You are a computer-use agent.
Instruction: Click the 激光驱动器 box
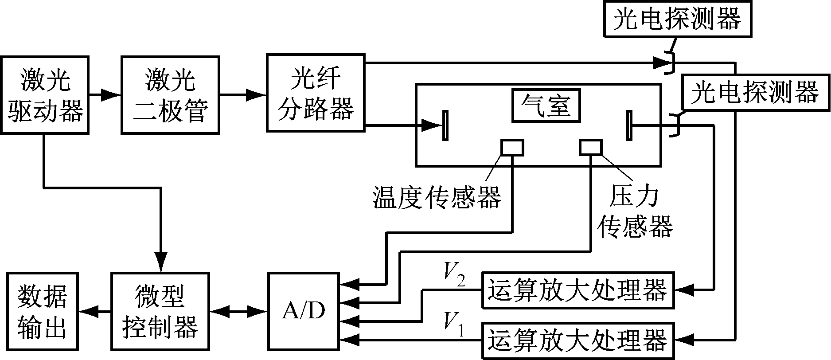pyautogui.click(x=45, y=94)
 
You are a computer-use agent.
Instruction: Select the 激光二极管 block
pyautogui.click(x=170, y=94)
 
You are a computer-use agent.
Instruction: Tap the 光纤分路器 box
pyautogui.click(x=316, y=93)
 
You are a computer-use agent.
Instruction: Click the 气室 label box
pyautogui.click(x=546, y=106)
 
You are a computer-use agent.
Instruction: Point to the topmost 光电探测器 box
pyautogui.click(x=677, y=20)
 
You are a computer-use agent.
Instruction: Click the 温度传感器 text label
pyautogui.click(x=437, y=197)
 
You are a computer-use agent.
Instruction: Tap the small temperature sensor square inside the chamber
pyautogui.click(x=512, y=147)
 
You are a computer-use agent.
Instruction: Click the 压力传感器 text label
pyautogui.click(x=635, y=211)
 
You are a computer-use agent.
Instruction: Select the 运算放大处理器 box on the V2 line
pyautogui.click(x=577, y=290)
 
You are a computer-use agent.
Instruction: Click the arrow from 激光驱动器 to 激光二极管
pyautogui.click(x=105, y=94)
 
